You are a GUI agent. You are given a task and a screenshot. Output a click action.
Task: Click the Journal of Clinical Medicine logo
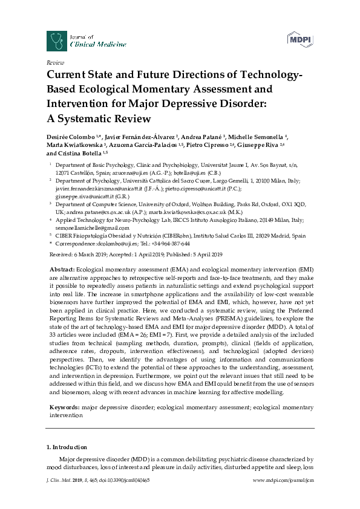point(87,41)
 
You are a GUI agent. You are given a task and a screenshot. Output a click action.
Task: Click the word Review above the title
point(54,63)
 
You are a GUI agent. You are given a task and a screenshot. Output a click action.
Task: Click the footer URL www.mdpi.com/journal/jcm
point(283,496)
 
